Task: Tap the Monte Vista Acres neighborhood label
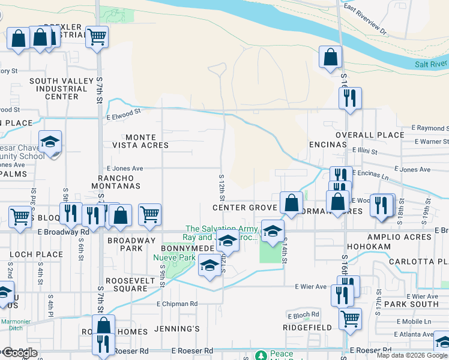140,141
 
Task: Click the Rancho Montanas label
120,182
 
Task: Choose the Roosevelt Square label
126,284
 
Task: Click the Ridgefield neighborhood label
308,328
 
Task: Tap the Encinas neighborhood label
328,145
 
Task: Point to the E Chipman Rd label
177,304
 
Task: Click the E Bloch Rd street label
303,315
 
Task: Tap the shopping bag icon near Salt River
330,58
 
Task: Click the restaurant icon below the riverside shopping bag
350,98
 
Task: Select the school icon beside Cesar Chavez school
50,142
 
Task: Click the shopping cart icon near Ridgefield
350,318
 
